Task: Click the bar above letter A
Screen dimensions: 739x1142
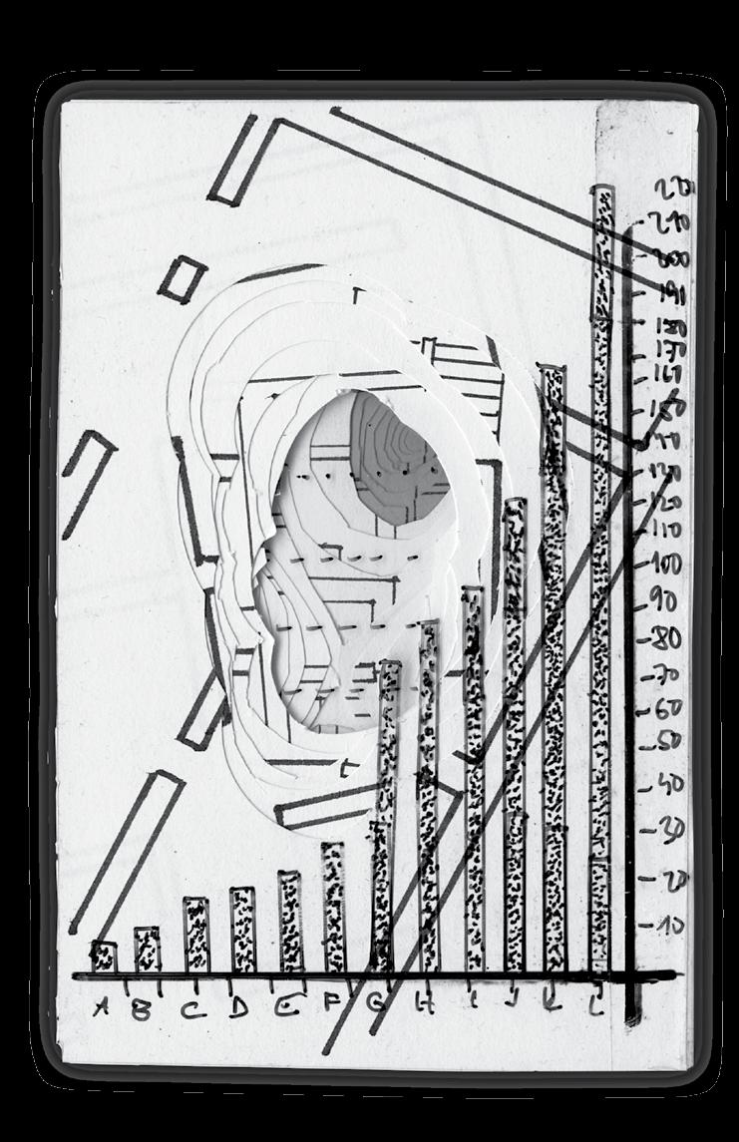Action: (103, 956)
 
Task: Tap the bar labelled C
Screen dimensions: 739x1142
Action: (195, 934)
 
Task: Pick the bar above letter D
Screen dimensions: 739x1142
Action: (242, 929)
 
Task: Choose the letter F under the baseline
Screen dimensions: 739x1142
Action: (333, 1004)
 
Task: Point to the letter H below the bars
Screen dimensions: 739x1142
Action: (424, 1005)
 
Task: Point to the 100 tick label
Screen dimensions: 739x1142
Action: (666, 564)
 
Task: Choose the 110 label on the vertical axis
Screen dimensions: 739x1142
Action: (664, 531)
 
